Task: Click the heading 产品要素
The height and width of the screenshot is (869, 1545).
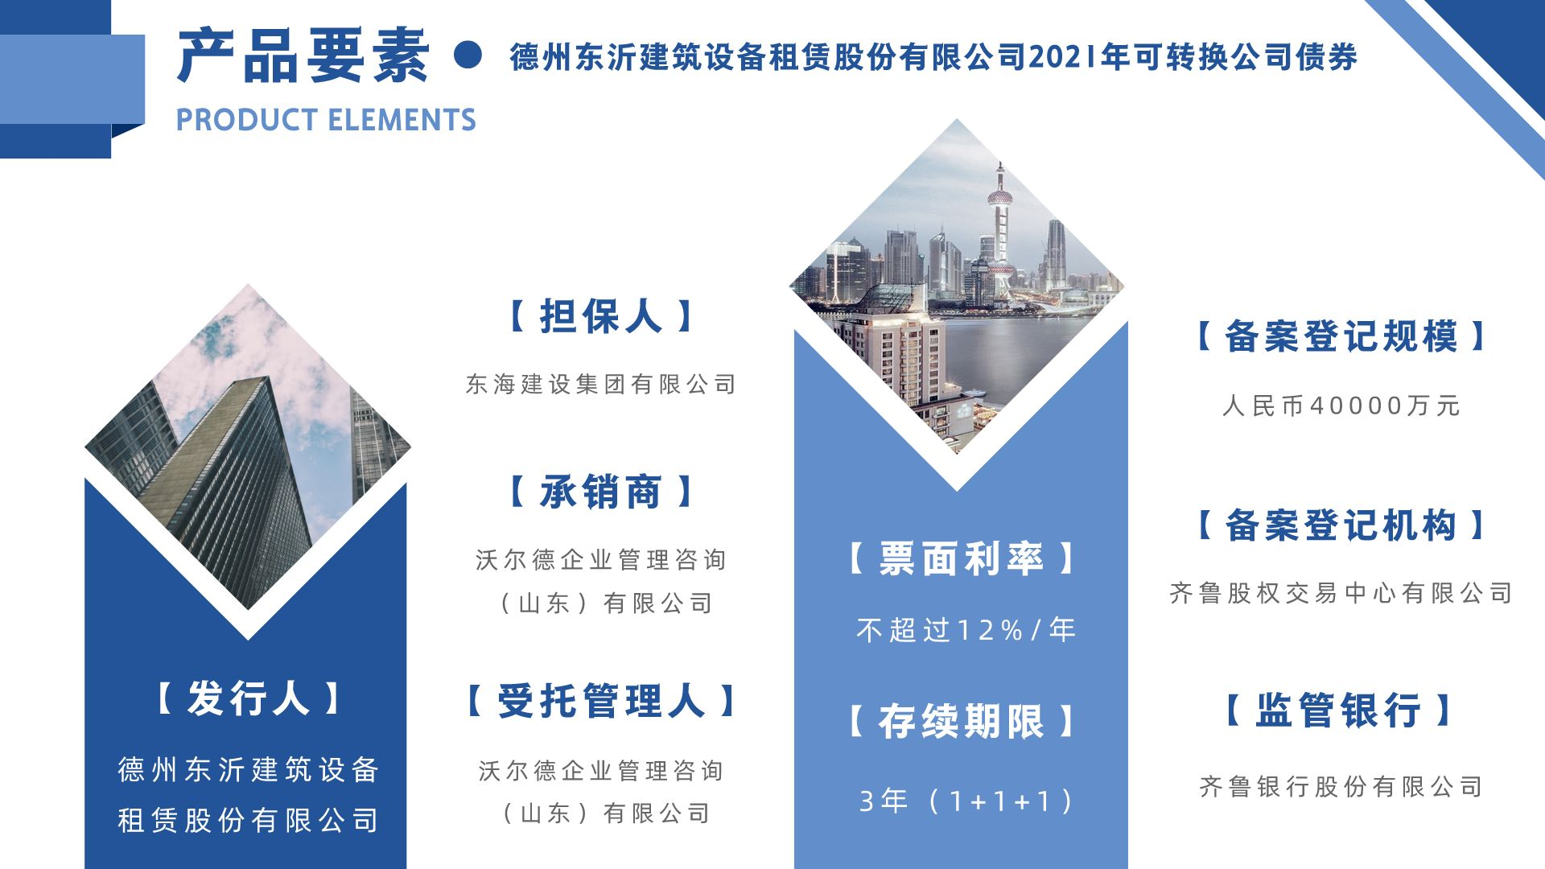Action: [x=303, y=56]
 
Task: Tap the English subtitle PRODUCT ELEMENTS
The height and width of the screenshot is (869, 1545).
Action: [x=326, y=120]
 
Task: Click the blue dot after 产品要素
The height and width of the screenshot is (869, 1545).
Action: [x=468, y=55]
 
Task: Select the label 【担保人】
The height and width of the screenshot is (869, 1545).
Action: [x=601, y=316]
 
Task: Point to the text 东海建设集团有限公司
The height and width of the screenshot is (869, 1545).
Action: [x=601, y=385]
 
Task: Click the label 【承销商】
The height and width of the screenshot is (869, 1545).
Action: [x=601, y=492]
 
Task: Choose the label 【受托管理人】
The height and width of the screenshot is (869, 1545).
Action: [x=601, y=701]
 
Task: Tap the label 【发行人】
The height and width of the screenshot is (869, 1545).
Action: [x=248, y=698]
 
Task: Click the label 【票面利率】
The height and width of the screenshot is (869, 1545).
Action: [x=962, y=558]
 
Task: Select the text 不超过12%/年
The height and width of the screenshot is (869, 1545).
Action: [x=966, y=630]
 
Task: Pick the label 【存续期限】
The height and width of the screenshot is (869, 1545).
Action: [x=962, y=721]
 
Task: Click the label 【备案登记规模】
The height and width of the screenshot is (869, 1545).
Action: [x=1340, y=336]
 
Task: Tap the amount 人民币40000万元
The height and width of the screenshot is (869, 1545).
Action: [x=1341, y=406]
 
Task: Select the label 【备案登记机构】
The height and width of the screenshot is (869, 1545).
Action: [x=1340, y=525]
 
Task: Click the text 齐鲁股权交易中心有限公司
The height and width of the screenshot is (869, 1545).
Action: [x=1341, y=593]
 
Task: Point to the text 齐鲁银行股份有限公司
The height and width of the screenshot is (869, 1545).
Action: [x=1341, y=786]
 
